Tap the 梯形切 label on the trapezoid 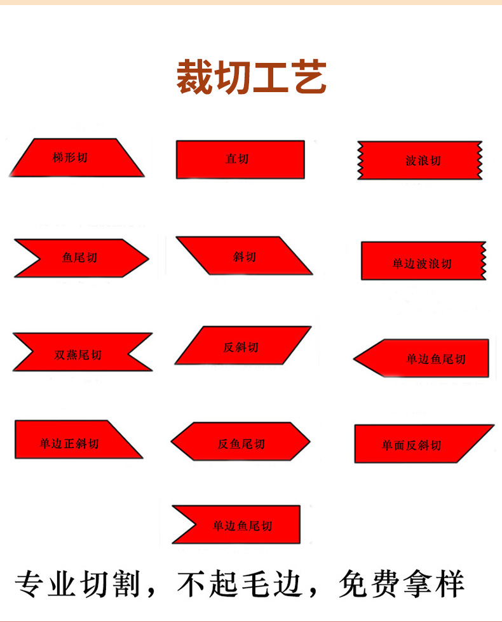(70, 158)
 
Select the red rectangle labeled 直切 (240, 159)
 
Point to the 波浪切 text (423, 161)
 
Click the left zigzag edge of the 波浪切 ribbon (360, 160)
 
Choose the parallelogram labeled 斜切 (244, 256)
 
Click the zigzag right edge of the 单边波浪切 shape (484, 260)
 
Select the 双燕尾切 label (78, 355)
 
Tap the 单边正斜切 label (69, 443)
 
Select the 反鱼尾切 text (241, 444)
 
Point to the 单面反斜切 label (411, 445)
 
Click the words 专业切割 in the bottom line (77, 584)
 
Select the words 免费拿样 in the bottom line (402, 584)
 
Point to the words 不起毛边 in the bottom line (240, 584)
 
